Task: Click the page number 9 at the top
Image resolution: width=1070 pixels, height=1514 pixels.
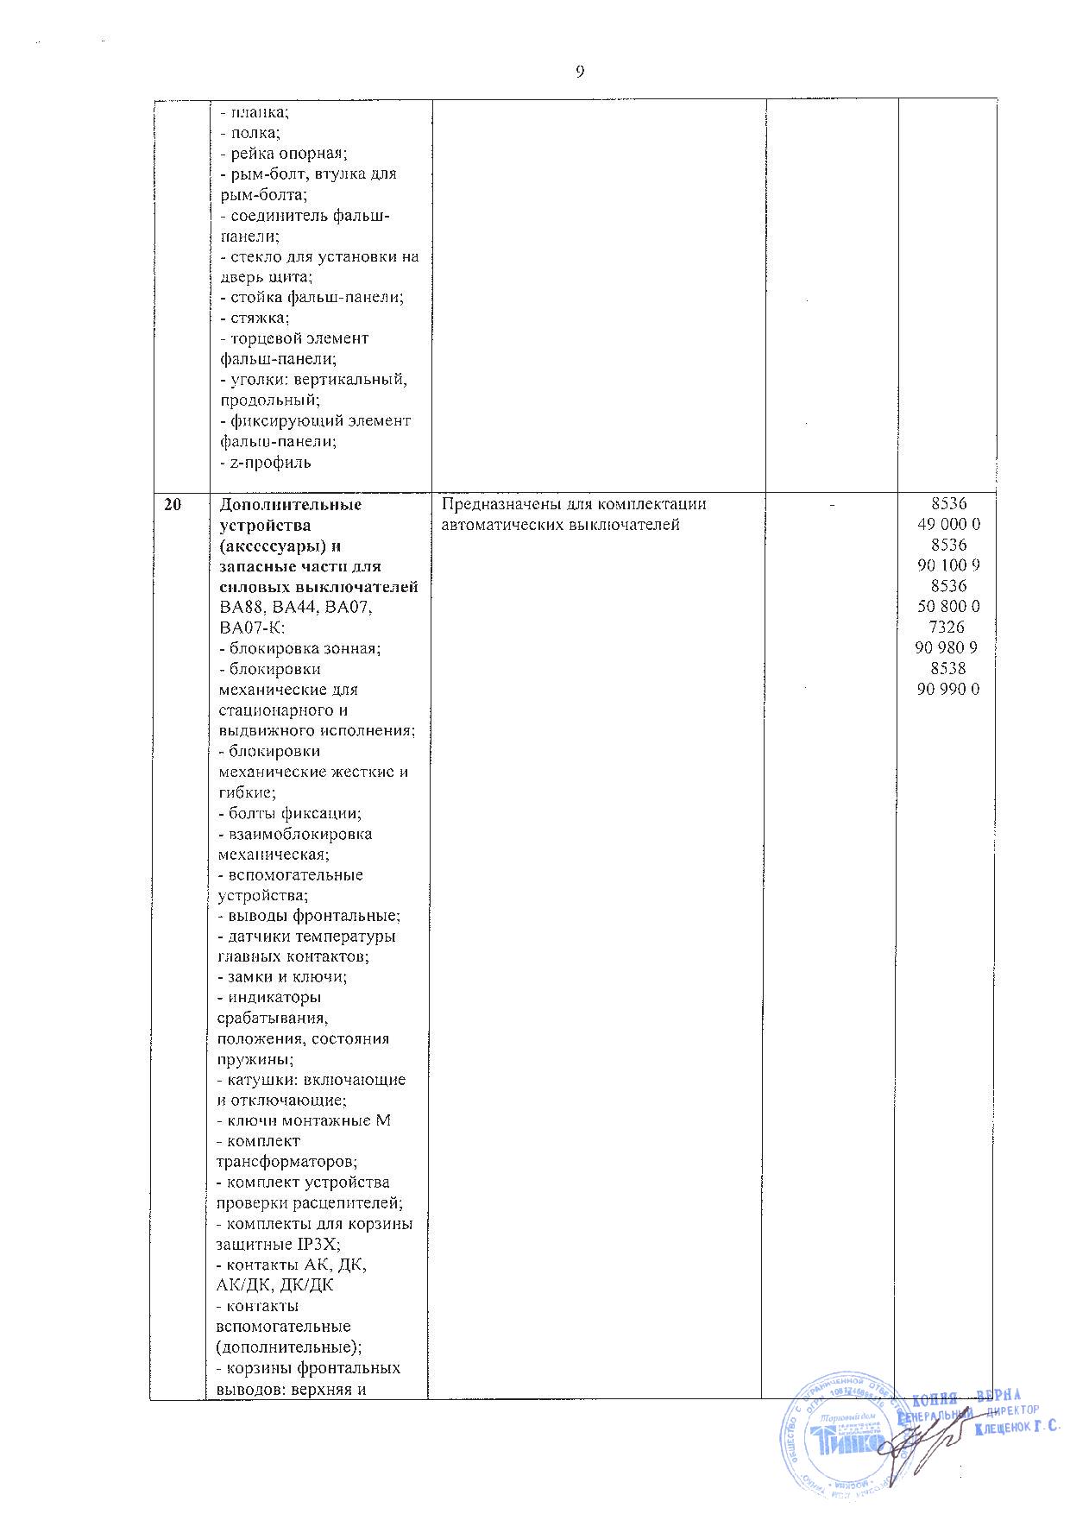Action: pyautogui.click(x=580, y=72)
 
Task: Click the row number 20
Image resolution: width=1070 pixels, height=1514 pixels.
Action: pyautogui.click(x=173, y=505)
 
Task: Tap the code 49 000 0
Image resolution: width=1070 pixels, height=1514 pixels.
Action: pyautogui.click(x=947, y=524)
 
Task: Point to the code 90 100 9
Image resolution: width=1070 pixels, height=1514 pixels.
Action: pyautogui.click(x=947, y=565)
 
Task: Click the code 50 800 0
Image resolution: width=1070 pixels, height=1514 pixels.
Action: pyautogui.click(x=947, y=606)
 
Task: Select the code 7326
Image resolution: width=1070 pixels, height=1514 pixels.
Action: pyautogui.click(x=948, y=627)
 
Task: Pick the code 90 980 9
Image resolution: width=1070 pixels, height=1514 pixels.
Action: pyautogui.click(x=947, y=647)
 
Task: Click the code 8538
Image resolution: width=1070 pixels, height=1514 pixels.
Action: pyautogui.click(x=948, y=668)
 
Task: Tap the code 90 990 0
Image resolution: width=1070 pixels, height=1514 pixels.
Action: pyautogui.click(x=947, y=689)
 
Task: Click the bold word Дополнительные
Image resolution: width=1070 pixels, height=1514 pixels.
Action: pyautogui.click(x=291, y=505)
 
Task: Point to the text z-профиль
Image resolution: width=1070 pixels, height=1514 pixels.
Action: pyautogui.click(x=266, y=463)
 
